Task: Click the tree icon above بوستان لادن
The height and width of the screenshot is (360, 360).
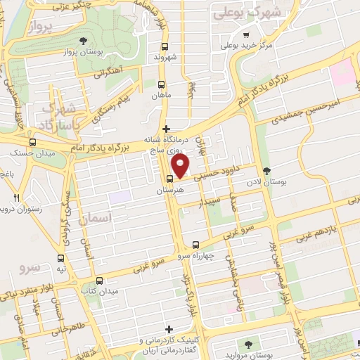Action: (x=265, y=170)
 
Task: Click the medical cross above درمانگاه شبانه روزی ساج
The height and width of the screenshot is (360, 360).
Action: (x=166, y=129)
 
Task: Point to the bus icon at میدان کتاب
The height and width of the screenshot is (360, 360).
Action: (x=99, y=279)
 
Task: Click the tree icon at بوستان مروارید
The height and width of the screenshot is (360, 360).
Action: (x=248, y=343)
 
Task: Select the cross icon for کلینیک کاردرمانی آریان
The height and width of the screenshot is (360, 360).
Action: (x=168, y=329)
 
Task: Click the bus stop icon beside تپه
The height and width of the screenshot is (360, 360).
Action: (x=61, y=258)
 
